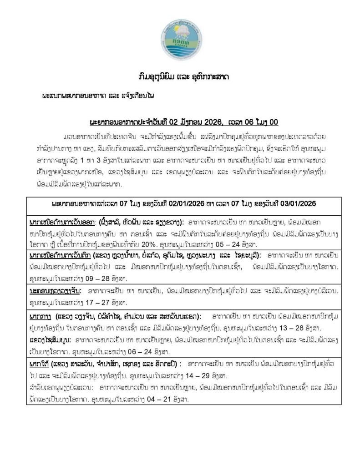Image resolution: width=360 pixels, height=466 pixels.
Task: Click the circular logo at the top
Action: tap(180, 38)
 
